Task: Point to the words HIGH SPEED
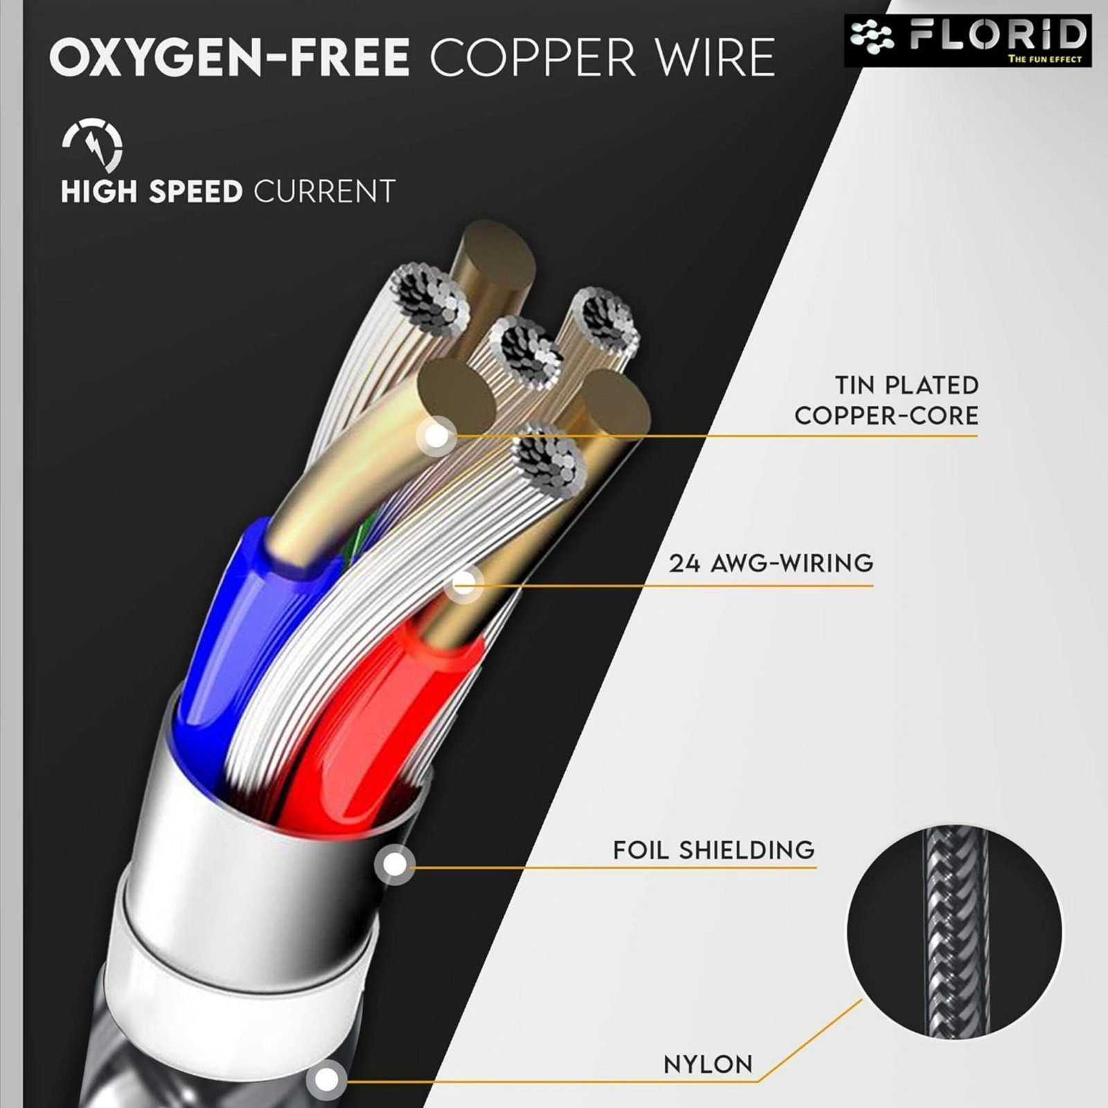point(151,192)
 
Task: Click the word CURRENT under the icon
point(324,192)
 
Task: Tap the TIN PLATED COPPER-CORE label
point(886,400)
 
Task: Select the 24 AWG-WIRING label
point(771,562)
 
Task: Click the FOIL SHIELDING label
point(713,850)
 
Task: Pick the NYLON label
point(708,1064)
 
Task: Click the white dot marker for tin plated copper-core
point(437,436)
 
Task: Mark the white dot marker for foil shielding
point(395,864)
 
